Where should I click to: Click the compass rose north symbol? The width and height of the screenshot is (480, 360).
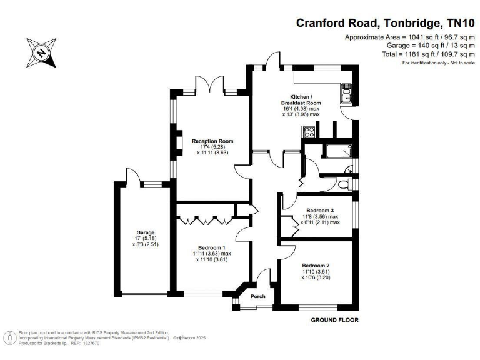(x=41, y=53)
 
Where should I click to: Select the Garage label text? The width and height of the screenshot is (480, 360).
(x=145, y=232)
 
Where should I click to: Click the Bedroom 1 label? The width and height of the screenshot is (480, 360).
(x=212, y=247)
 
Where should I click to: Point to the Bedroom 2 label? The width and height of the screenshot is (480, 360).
(x=315, y=265)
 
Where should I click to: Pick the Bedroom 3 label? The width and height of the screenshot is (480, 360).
(x=319, y=210)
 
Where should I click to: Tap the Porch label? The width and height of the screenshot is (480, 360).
(x=257, y=296)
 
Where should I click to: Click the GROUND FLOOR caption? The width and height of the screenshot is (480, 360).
(x=334, y=320)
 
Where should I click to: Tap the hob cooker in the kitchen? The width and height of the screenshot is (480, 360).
(x=308, y=132)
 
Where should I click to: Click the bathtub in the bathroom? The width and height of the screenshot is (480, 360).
(x=337, y=152)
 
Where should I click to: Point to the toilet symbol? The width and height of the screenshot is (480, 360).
(x=344, y=185)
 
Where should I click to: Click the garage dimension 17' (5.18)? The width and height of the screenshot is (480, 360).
(x=146, y=239)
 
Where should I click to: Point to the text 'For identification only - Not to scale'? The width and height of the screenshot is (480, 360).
(x=436, y=63)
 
